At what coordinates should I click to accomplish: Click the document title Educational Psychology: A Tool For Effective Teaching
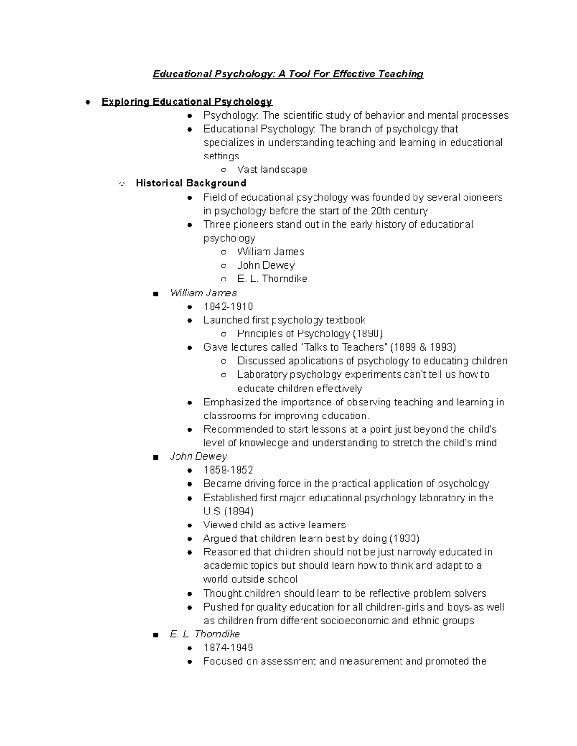[x=288, y=74]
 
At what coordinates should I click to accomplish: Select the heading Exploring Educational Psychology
[x=187, y=102]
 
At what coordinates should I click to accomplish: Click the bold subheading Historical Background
[x=191, y=183]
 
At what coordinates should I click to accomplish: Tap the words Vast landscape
[x=272, y=170]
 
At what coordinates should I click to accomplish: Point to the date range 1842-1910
[x=228, y=306]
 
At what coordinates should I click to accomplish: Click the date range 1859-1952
[x=228, y=470]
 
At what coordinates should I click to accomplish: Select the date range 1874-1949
[x=228, y=648]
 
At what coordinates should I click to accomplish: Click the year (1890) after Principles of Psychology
[x=368, y=334]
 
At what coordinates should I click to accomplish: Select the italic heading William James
[x=203, y=293]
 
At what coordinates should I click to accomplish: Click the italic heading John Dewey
[x=199, y=456]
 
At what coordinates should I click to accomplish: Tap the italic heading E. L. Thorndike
[x=205, y=634]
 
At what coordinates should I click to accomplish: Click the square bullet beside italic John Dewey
[x=155, y=457]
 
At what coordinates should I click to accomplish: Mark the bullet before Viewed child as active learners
[x=190, y=526]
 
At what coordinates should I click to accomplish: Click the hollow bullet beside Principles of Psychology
[x=223, y=334]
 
